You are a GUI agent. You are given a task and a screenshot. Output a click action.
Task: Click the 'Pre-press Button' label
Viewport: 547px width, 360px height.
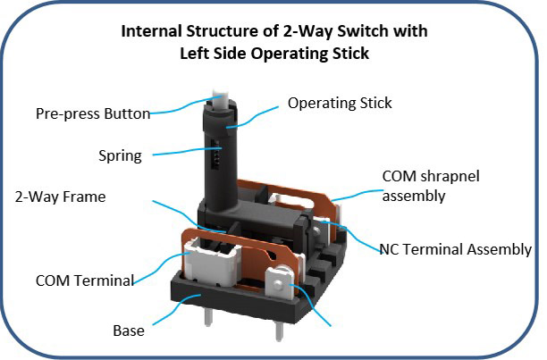point(92,114)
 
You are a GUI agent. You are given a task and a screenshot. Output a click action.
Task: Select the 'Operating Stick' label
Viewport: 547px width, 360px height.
point(340,104)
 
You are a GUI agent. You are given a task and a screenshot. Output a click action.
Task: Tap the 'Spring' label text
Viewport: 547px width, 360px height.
point(120,155)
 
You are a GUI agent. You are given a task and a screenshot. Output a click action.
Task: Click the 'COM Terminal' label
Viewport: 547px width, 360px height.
point(86,280)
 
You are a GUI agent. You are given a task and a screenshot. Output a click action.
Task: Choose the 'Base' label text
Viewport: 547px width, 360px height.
point(130,330)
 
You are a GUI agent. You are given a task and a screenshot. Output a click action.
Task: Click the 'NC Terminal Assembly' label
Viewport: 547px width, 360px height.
point(455,250)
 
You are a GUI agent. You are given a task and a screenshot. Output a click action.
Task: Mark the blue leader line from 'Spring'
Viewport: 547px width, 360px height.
point(179,154)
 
